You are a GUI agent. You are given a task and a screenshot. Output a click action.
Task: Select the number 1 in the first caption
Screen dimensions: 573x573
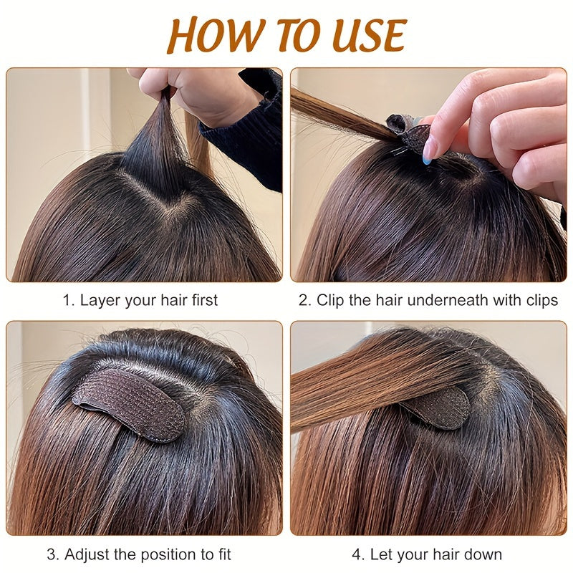(x=67, y=300)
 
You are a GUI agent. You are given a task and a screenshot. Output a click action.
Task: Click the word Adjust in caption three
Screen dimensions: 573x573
(x=86, y=554)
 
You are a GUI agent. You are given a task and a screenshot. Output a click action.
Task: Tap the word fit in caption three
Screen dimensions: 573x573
(x=223, y=554)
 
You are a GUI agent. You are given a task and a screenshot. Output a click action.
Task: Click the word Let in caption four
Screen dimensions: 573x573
(x=381, y=554)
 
